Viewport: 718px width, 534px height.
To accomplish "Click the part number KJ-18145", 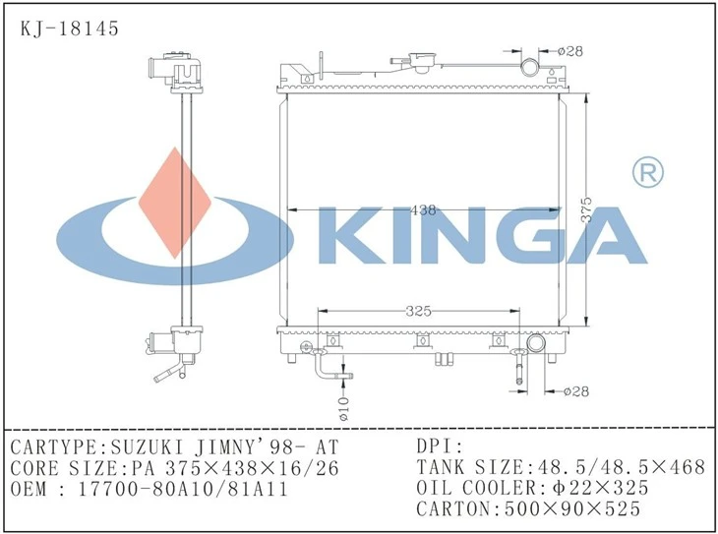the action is point(70,29).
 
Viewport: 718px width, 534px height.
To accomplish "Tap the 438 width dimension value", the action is point(423,210).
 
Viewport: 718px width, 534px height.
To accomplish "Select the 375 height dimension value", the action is point(586,210).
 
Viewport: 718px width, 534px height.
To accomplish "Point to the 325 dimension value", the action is point(419,312).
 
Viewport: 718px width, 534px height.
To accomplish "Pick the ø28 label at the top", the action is point(570,51).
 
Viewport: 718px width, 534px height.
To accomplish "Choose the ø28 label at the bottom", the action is point(576,391).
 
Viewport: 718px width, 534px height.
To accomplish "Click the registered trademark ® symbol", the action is point(647,172).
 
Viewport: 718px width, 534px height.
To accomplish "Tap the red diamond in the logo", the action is point(174,203).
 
